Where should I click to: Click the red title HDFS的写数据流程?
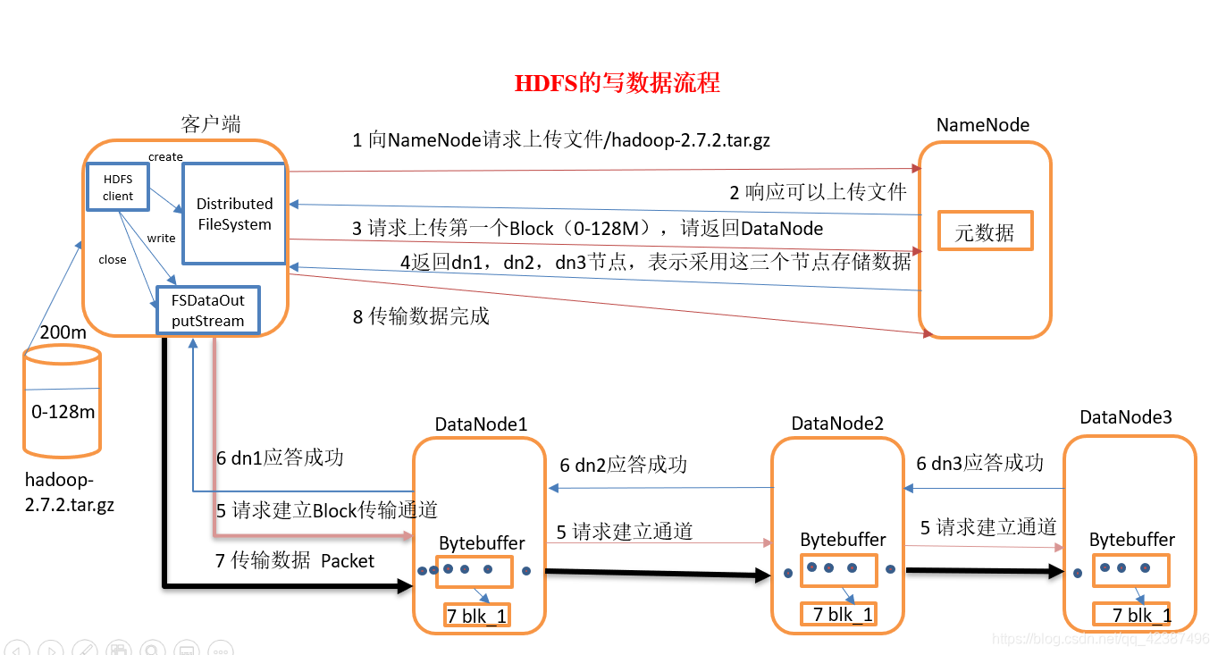point(617,84)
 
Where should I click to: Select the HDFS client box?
point(117,188)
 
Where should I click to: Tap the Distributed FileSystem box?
point(234,214)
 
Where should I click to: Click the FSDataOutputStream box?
point(207,311)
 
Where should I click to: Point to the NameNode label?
point(982,125)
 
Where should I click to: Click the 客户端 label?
point(211,124)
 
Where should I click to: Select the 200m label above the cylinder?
point(63,332)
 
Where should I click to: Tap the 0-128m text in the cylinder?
point(63,412)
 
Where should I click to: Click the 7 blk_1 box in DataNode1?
point(476,615)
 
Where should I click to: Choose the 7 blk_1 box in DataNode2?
point(837,614)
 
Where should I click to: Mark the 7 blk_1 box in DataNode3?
point(1132,615)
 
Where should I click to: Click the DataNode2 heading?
point(837,422)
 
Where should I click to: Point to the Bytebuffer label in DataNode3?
point(1131,540)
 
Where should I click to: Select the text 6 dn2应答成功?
point(623,465)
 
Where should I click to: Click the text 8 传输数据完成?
point(421,316)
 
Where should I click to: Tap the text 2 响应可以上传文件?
point(818,191)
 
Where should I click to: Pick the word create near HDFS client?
point(165,157)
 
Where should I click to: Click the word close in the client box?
point(113,260)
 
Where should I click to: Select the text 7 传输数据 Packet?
point(296,561)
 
